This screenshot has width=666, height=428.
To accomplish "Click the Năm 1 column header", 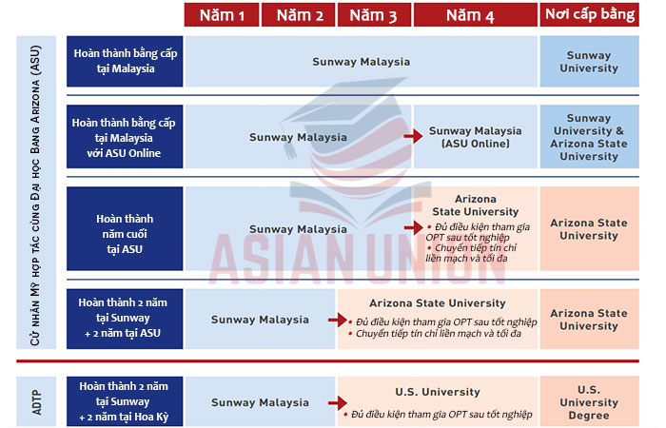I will [x=222, y=15].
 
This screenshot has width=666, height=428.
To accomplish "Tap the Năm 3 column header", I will [x=374, y=15].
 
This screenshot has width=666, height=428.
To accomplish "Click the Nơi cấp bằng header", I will [x=589, y=15].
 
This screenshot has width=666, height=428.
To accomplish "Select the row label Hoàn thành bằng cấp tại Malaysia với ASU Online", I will [x=124, y=137].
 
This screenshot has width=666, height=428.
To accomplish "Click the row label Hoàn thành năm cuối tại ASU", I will [x=124, y=229].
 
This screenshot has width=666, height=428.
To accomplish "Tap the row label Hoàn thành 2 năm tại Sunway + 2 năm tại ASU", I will [x=124, y=320].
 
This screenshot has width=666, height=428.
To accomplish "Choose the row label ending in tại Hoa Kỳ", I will [x=124, y=402].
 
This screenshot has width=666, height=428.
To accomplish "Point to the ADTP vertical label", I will [x=37, y=400].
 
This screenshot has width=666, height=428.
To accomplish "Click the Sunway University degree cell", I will [x=589, y=62].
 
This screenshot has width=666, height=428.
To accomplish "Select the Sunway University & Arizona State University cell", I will [x=589, y=137].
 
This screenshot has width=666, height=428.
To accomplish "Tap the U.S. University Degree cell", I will [x=589, y=402].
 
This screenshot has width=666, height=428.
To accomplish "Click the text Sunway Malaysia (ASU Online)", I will [x=476, y=137].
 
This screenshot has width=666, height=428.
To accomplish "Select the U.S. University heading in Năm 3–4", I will [x=439, y=391].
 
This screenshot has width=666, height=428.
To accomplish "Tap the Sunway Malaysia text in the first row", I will [x=361, y=62].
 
